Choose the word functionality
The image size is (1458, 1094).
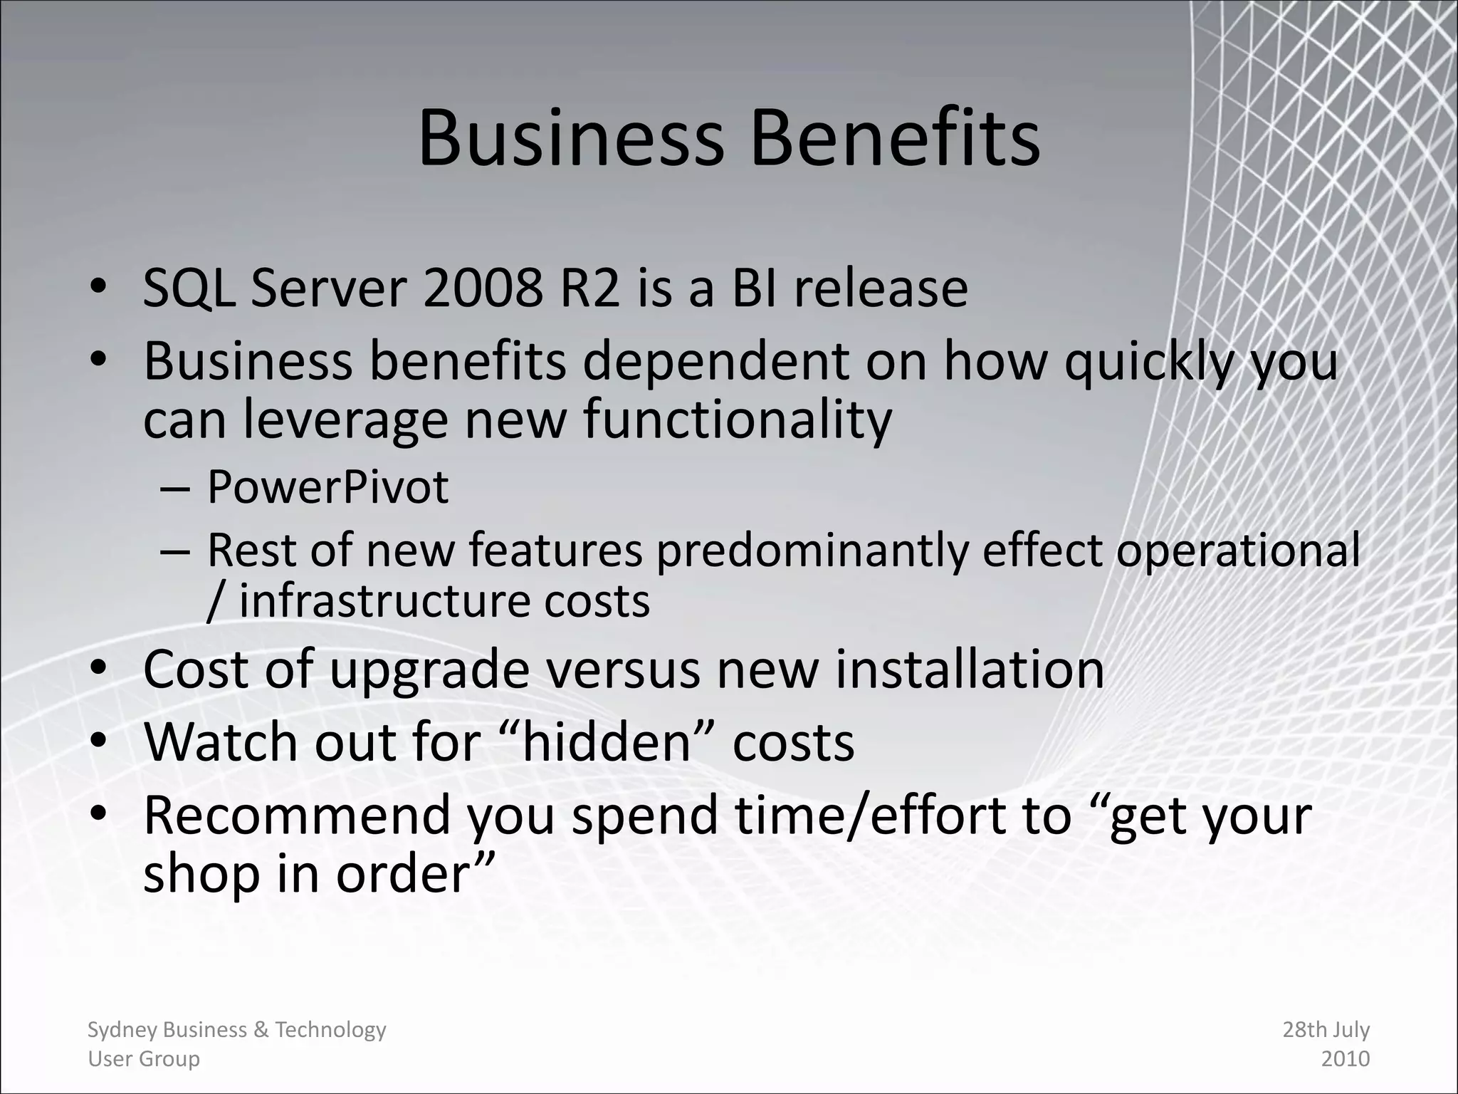point(738,419)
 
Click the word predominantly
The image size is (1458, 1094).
point(812,550)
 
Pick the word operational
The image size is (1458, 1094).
point(1238,550)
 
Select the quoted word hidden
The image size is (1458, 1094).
point(607,742)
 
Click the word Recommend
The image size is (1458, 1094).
point(297,815)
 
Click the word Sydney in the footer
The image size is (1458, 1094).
point(122,1030)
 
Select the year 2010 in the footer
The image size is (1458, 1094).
point(1345,1058)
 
